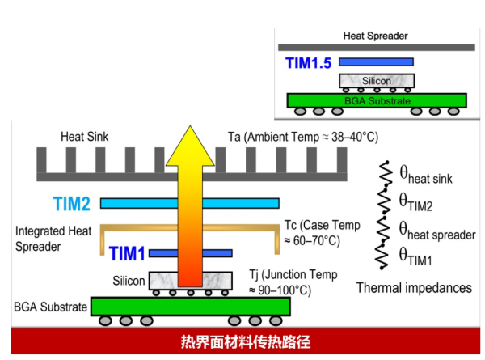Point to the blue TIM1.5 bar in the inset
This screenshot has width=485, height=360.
pos(377,61)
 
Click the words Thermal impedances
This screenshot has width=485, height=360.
pos(414,287)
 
